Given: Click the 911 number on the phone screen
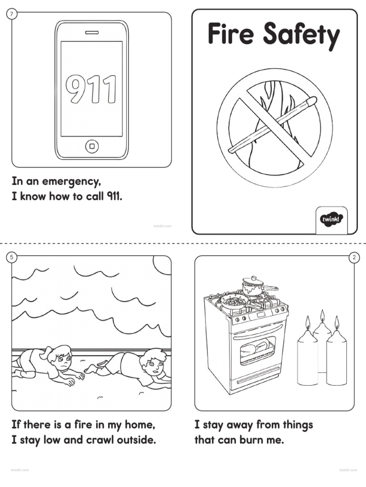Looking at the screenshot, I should [91, 89].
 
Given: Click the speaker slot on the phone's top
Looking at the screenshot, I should [91, 33].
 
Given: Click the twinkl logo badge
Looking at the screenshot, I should [331, 219].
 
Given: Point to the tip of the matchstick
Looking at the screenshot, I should [312, 100].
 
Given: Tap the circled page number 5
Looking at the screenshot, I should [12, 257].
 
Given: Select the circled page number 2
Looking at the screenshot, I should [354, 257].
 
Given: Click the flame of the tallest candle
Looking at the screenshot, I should [322, 316].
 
